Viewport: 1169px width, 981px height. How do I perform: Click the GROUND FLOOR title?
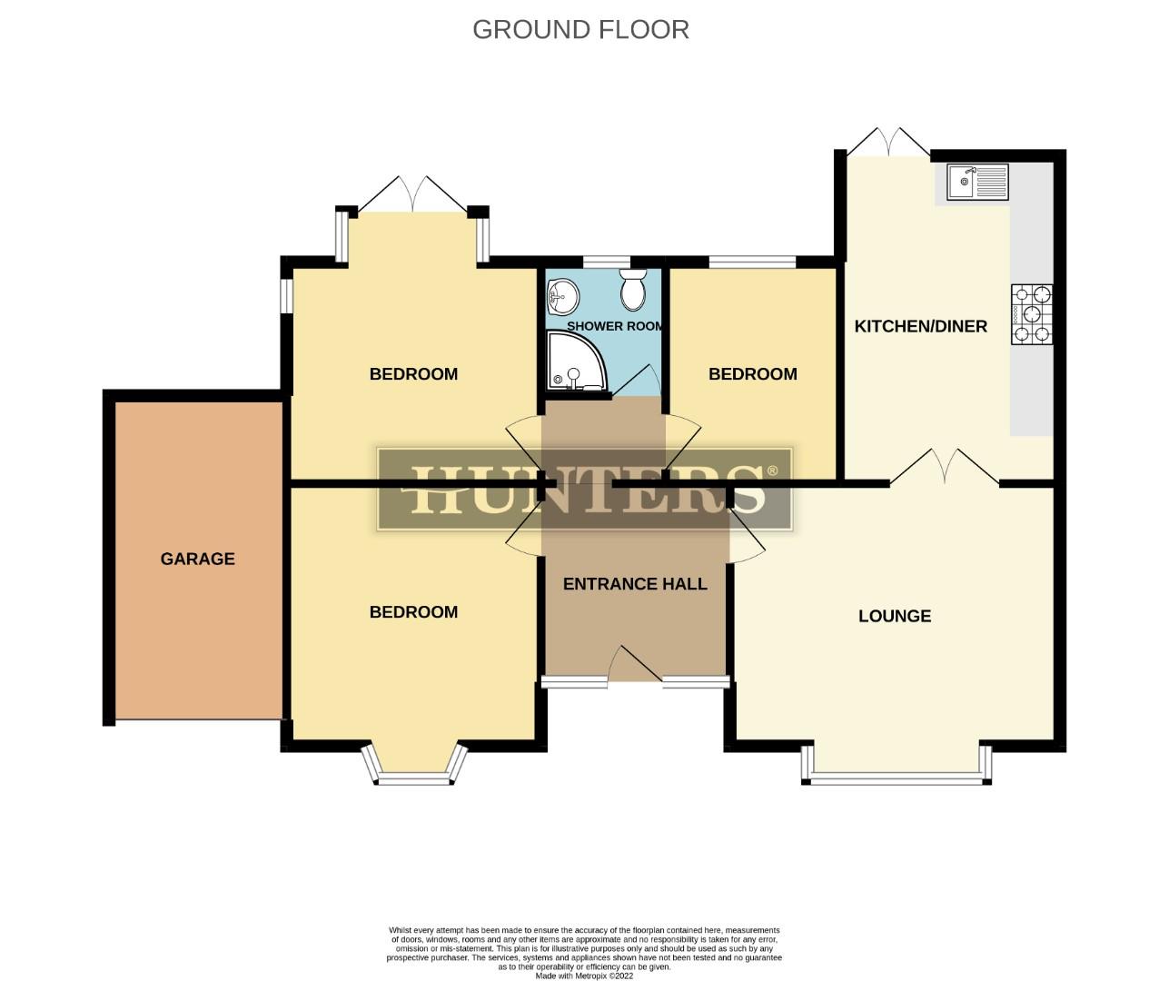pyautogui.click(x=580, y=29)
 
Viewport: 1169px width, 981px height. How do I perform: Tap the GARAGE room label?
pyautogui.click(x=197, y=559)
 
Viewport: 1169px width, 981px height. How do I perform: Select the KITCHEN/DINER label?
pyautogui.click(x=920, y=326)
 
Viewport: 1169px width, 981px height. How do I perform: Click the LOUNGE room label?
pyautogui.click(x=894, y=616)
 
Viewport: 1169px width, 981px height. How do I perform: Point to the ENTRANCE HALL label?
pyautogui.click(x=635, y=584)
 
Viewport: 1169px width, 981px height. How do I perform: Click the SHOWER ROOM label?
pyautogui.click(x=614, y=326)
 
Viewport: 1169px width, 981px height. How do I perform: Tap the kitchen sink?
pyautogui.click(x=976, y=181)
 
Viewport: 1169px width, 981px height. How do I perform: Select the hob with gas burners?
pyautogui.click(x=1033, y=314)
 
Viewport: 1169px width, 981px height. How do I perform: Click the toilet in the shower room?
pyautogui.click(x=632, y=290)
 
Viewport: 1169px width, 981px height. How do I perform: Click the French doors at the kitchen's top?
pyautogui.click(x=887, y=141)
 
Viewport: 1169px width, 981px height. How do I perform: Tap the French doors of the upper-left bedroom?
pyautogui.click(x=414, y=194)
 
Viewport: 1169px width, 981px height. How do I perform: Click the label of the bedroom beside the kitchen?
pyautogui.click(x=752, y=374)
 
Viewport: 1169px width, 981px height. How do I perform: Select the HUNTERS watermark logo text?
pyautogui.click(x=586, y=490)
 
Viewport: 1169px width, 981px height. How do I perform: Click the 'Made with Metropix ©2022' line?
pyautogui.click(x=584, y=976)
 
